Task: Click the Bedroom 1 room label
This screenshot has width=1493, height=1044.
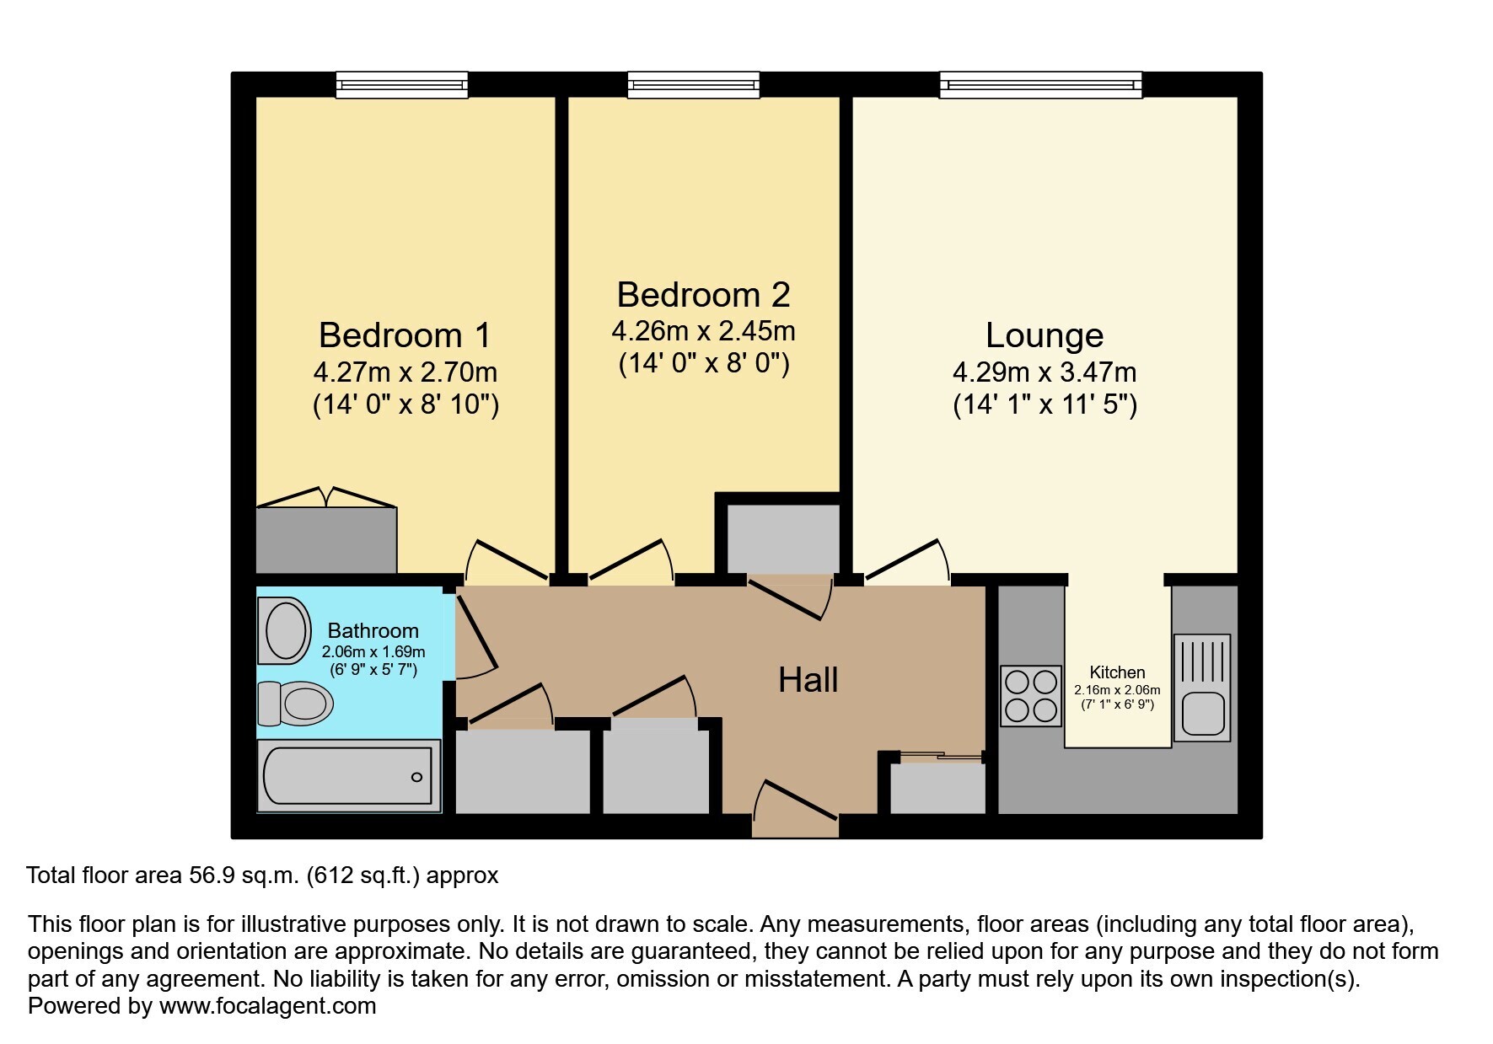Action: (405, 335)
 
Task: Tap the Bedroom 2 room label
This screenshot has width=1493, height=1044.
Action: (703, 295)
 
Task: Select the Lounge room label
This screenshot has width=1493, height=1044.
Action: (1045, 335)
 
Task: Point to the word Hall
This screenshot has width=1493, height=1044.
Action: (808, 680)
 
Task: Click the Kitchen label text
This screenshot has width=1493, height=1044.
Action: (1117, 672)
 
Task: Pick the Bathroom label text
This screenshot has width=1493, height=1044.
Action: (373, 630)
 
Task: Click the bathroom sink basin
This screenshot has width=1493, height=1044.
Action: (285, 629)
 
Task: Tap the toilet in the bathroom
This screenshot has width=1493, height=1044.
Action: (294, 703)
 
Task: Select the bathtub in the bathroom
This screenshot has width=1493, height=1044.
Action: (349, 776)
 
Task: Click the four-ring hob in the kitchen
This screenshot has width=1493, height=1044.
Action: (1030, 696)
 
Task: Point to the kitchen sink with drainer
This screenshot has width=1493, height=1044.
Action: (1201, 688)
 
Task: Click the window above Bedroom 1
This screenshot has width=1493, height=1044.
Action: (402, 84)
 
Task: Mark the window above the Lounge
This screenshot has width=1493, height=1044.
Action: (1041, 84)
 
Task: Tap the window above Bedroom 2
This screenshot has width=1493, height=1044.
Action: (694, 84)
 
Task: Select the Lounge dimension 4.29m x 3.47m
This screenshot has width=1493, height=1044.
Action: (1045, 372)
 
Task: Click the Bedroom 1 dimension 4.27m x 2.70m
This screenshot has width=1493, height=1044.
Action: (405, 372)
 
